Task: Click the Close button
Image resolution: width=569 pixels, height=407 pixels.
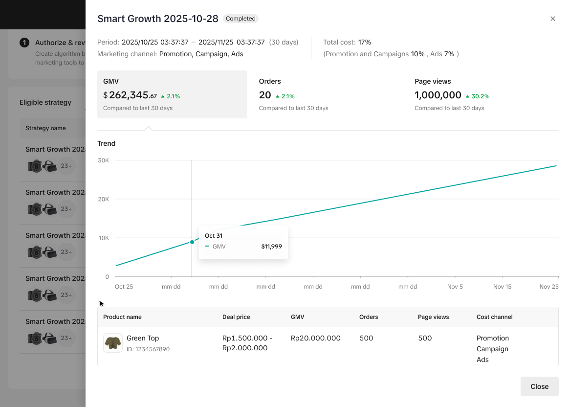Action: tap(539, 386)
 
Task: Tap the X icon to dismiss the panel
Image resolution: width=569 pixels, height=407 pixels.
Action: tap(553, 19)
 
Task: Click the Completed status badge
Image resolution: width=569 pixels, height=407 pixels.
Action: tap(241, 19)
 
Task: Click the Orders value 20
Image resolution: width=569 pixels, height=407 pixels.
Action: tap(265, 95)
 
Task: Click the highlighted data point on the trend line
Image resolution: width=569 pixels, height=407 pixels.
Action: tap(192, 242)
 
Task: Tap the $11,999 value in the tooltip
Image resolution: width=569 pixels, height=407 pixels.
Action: tap(271, 247)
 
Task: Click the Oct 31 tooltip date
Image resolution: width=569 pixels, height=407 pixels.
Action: tap(214, 236)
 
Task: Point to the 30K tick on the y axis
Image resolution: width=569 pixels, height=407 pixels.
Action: tap(104, 160)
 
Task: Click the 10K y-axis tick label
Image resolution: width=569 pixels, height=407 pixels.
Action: tap(104, 238)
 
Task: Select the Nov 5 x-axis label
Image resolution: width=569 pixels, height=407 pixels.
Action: tap(455, 287)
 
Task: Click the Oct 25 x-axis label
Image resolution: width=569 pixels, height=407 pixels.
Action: tap(124, 287)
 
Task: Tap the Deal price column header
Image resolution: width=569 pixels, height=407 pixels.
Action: tap(236, 317)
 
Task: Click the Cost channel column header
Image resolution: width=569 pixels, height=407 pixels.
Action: tap(494, 317)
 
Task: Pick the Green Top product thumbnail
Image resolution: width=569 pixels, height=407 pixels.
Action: tap(113, 343)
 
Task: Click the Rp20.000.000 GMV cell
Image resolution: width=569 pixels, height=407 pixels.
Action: tap(315, 338)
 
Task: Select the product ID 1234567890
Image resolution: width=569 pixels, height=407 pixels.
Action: tap(148, 349)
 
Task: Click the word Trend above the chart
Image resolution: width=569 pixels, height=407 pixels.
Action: tap(107, 143)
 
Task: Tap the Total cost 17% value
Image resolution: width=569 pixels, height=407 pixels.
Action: tap(365, 42)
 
